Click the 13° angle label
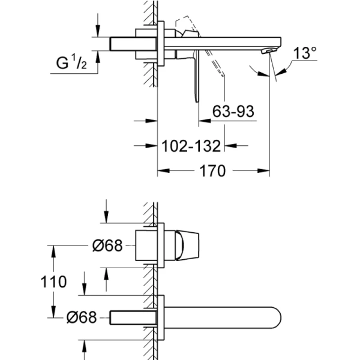pos(305,53)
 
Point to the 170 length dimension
pos(212,172)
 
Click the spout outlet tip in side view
pos(272,52)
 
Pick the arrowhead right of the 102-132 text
pos(233,145)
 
